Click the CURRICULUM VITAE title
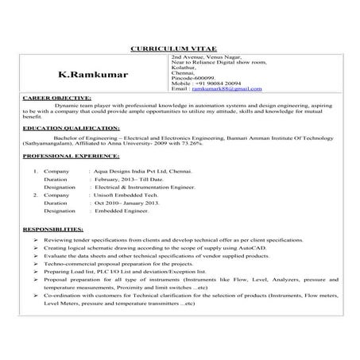[179, 49]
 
